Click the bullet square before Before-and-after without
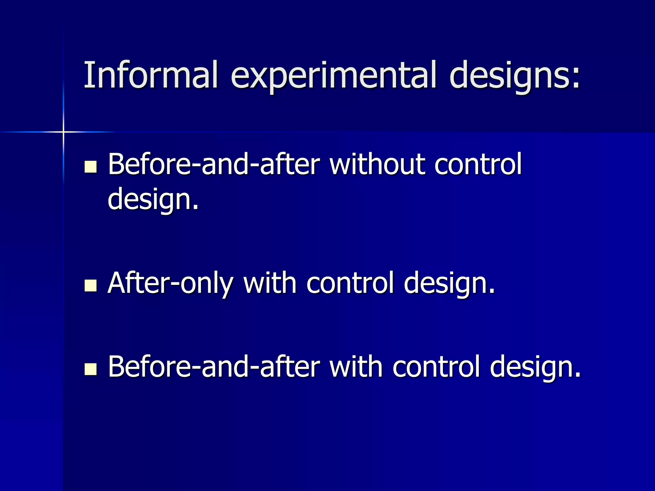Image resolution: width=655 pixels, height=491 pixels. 91,167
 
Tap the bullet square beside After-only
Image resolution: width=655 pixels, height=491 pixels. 91,285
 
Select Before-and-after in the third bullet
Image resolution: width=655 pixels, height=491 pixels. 214,367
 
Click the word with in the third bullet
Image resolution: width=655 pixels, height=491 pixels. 356,367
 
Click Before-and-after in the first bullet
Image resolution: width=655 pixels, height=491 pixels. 214,164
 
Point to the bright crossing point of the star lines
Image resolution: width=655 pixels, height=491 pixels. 63,132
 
